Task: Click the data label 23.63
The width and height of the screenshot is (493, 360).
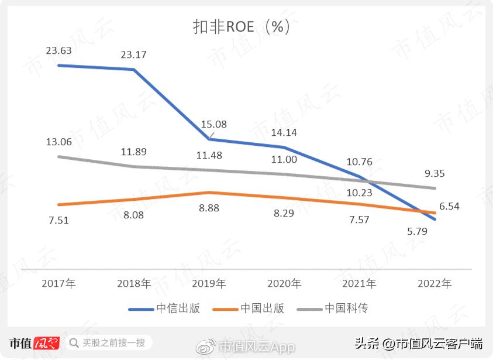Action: click(x=58, y=51)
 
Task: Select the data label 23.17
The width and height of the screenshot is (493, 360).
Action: click(x=133, y=55)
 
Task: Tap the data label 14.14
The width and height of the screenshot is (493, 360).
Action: click(x=284, y=132)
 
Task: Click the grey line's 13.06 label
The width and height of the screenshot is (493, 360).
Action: click(x=58, y=142)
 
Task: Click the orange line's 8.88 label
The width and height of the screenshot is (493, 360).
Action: click(x=209, y=209)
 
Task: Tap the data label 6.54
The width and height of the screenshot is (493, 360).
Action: click(x=450, y=206)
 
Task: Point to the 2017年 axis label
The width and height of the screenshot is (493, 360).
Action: click(x=58, y=283)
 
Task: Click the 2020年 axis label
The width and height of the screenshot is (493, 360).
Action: click(x=284, y=283)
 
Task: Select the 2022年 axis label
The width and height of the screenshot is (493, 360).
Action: click(x=435, y=283)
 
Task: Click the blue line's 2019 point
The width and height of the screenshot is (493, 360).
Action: click(x=209, y=139)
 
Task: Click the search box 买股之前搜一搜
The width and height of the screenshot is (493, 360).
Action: click(x=108, y=342)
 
